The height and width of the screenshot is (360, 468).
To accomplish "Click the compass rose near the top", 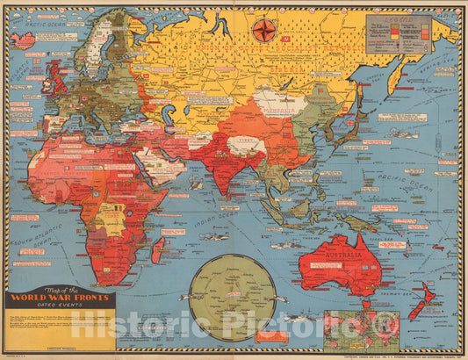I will coord(262,32).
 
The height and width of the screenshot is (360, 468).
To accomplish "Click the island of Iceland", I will coord(23,40).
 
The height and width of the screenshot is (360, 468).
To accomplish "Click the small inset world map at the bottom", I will coord(361,330).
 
